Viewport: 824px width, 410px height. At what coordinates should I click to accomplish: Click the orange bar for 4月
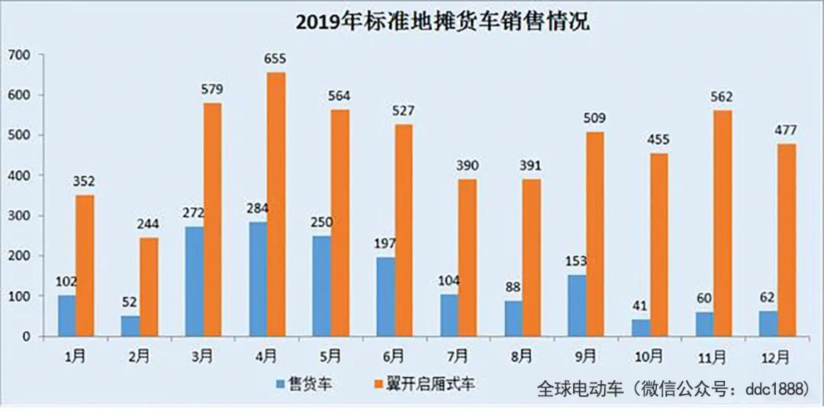pyautogui.click(x=276, y=204)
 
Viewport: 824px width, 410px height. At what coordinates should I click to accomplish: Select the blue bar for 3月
pyautogui.click(x=194, y=281)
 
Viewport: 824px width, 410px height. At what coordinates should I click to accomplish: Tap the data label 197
pyautogui.click(x=385, y=244)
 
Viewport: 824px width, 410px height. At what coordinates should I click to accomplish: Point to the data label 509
pyautogui.click(x=595, y=119)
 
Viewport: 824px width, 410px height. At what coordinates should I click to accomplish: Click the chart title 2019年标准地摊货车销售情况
pyautogui.click(x=443, y=21)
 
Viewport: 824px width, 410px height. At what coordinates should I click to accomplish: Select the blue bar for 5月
pyautogui.click(x=321, y=286)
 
